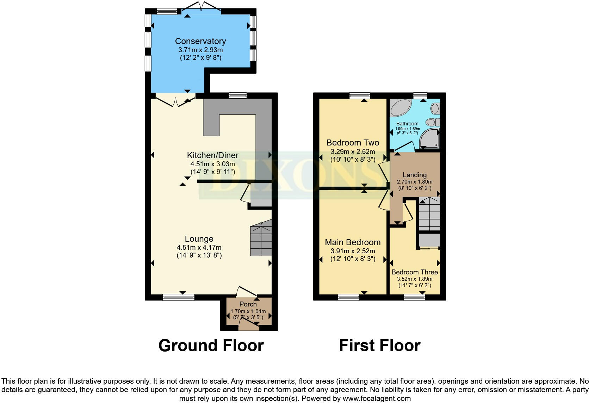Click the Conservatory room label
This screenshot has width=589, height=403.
200,41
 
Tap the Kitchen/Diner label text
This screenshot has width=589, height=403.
212,155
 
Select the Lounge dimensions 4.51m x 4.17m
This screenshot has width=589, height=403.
199,248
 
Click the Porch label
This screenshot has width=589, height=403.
248,304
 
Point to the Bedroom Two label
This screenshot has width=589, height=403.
353,143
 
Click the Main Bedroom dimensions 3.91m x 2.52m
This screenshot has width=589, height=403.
353,251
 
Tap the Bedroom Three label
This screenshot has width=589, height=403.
415,272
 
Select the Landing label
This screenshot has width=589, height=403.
415,175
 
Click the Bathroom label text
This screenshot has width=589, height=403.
407,124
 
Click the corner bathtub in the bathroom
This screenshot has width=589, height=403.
400,107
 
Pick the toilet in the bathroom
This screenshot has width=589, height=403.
432,122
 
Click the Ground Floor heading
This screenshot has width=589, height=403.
211,346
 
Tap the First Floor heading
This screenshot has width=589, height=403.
379,346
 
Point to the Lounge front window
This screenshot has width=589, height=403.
178,298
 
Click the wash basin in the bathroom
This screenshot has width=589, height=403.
435,108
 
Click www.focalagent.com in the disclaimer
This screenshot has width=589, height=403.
377,399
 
